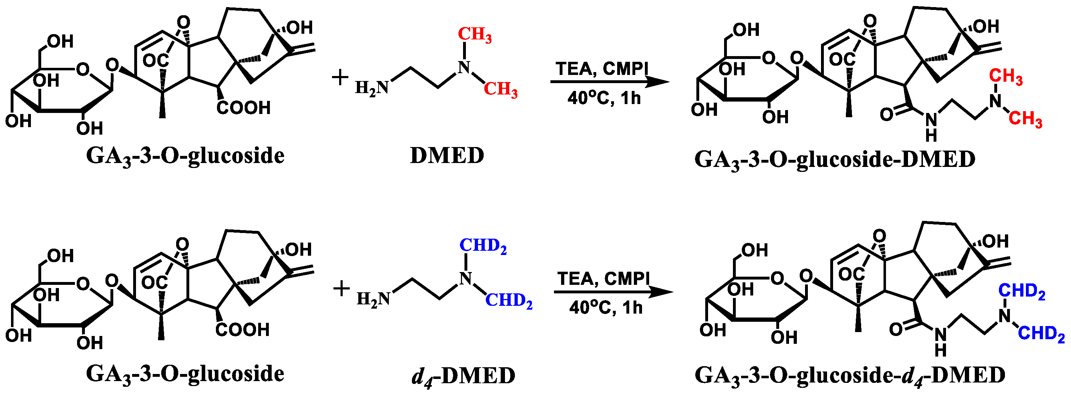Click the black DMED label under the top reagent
(447, 156)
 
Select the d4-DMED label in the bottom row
(463, 376)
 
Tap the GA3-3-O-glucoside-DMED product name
(835, 160)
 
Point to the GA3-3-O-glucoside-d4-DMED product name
(850, 376)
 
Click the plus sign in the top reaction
(340, 78)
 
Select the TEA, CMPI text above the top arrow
(602, 69)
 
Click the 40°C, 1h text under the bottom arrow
(606, 308)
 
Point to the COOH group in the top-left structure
(244, 108)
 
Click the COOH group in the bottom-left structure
(243, 330)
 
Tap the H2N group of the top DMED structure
(372, 88)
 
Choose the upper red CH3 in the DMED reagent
(474, 35)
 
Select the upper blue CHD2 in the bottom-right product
(1022, 291)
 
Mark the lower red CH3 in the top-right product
(1025, 119)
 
